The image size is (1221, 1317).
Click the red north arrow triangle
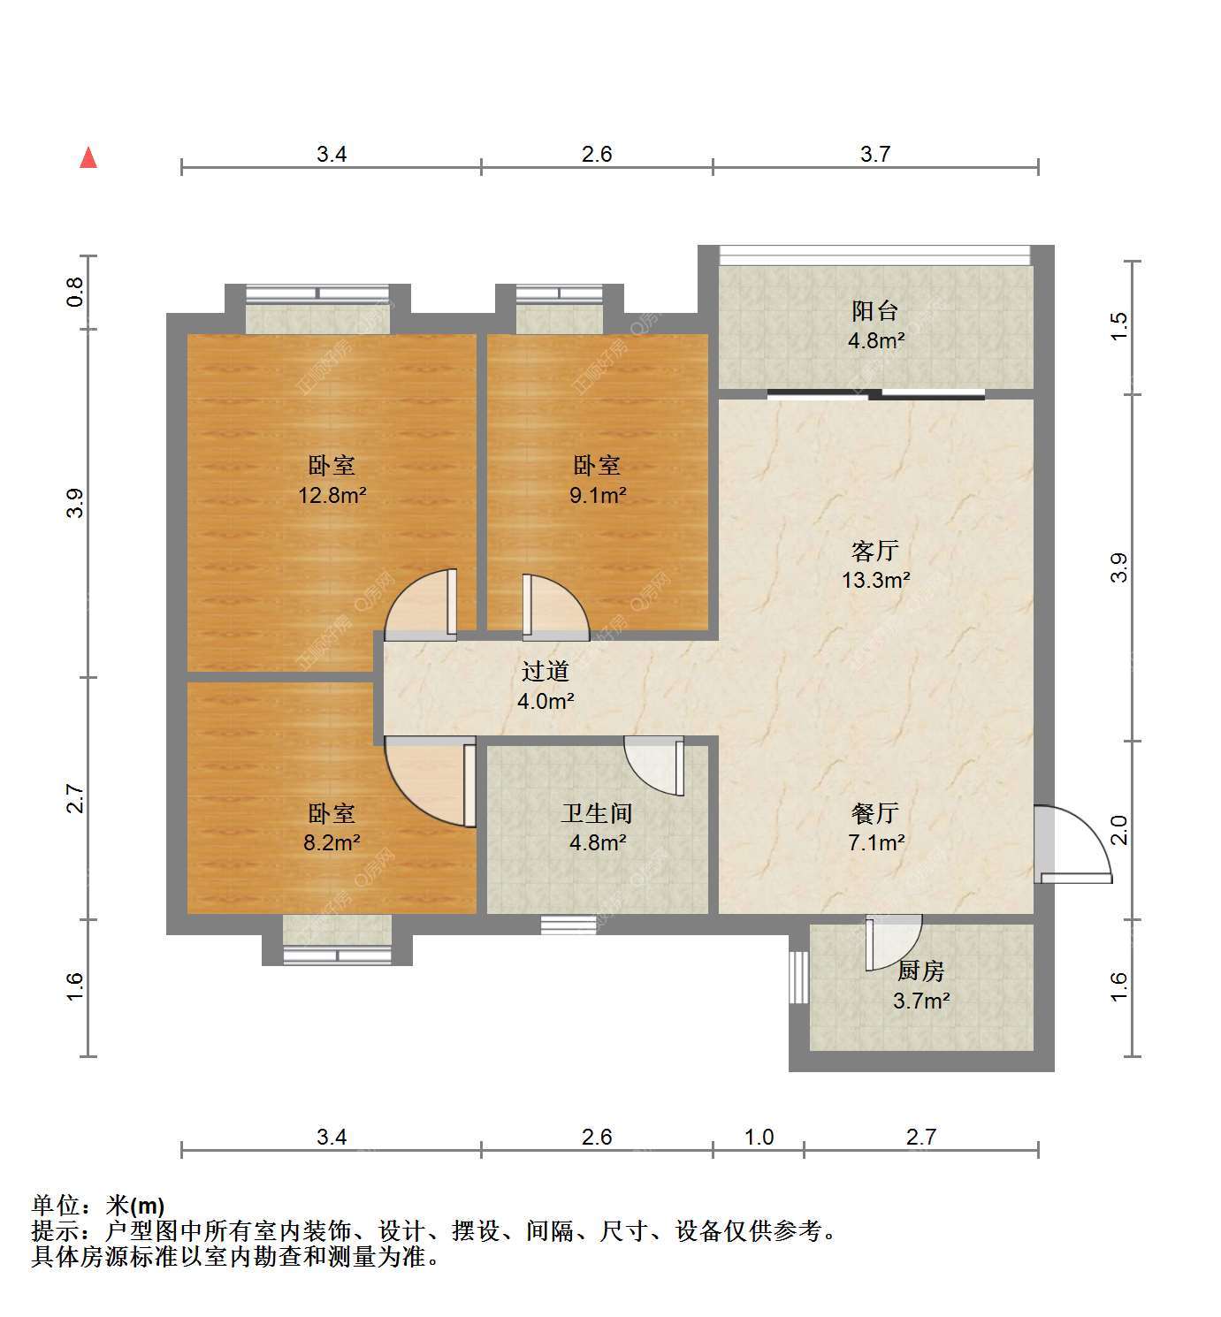click(88, 158)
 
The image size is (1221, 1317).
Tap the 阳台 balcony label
click(874, 310)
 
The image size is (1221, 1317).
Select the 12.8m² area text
click(332, 495)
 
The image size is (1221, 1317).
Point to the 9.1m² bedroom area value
click(597, 495)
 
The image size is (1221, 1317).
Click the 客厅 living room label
click(874, 551)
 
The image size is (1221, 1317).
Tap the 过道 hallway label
click(545, 671)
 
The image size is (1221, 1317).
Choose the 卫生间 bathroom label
click(597, 813)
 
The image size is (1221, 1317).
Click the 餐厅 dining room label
click(874, 813)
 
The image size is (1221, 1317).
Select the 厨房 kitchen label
click(920, 971)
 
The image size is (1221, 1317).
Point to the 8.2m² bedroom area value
click(332, 842)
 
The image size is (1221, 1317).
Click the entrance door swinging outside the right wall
click(1073, 844)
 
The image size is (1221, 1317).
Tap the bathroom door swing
click(654, 766)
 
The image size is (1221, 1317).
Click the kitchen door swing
click(893, 941)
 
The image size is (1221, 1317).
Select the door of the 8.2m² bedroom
click(430, 782)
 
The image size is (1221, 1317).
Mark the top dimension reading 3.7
click(874, 154)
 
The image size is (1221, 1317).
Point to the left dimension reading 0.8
click(75, 292)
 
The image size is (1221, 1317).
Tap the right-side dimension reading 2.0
click(1118, 830)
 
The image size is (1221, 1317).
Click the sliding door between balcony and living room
click(876, 394)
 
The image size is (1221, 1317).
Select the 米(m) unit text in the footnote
click(134, 1205)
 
